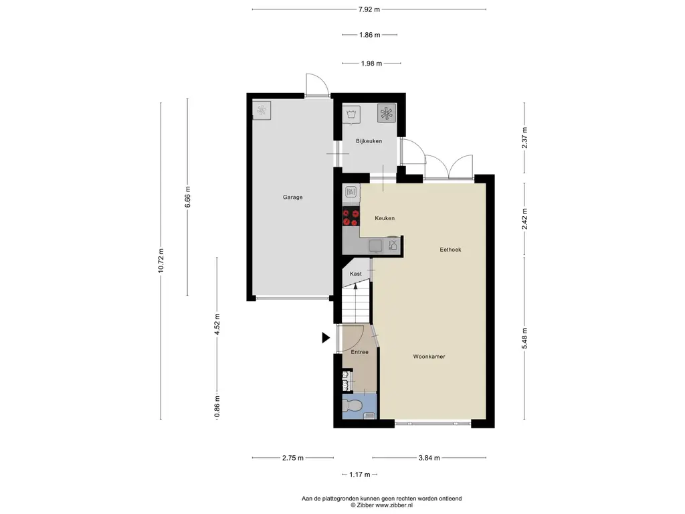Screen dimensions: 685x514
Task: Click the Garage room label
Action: [292, 197]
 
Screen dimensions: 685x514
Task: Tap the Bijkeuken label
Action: [369, 141]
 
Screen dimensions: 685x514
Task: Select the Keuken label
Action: [385, 218]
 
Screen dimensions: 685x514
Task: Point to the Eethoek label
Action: [450, 250]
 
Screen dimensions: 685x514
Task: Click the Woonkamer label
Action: [429, 357]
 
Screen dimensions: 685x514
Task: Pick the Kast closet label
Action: [356, 274]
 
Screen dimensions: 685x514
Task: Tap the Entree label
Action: [359, 352]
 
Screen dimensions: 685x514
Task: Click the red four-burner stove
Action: [351, 218]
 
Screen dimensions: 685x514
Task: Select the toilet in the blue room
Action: [351, 406]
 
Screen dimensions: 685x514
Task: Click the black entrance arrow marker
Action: [326, 337]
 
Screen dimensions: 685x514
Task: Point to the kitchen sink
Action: [375, 246]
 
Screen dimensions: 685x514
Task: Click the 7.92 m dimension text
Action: [369, 9]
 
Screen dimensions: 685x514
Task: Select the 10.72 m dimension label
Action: [161, 261]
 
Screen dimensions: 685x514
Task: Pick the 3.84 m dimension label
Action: [429, 458]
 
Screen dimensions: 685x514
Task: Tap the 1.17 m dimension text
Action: [359, 475]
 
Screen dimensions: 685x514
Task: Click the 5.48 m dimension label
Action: [524, 338]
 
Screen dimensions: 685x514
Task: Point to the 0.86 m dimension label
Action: [217, 406]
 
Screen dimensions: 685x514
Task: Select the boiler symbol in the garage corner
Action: [262, 110]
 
